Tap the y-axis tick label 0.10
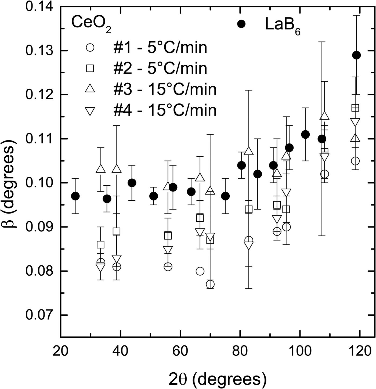coord(39,183)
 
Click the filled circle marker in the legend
coord(242,24)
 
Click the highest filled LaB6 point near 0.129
coord(356,55)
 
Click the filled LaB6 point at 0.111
coord(305,134)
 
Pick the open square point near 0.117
coord(355,108)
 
